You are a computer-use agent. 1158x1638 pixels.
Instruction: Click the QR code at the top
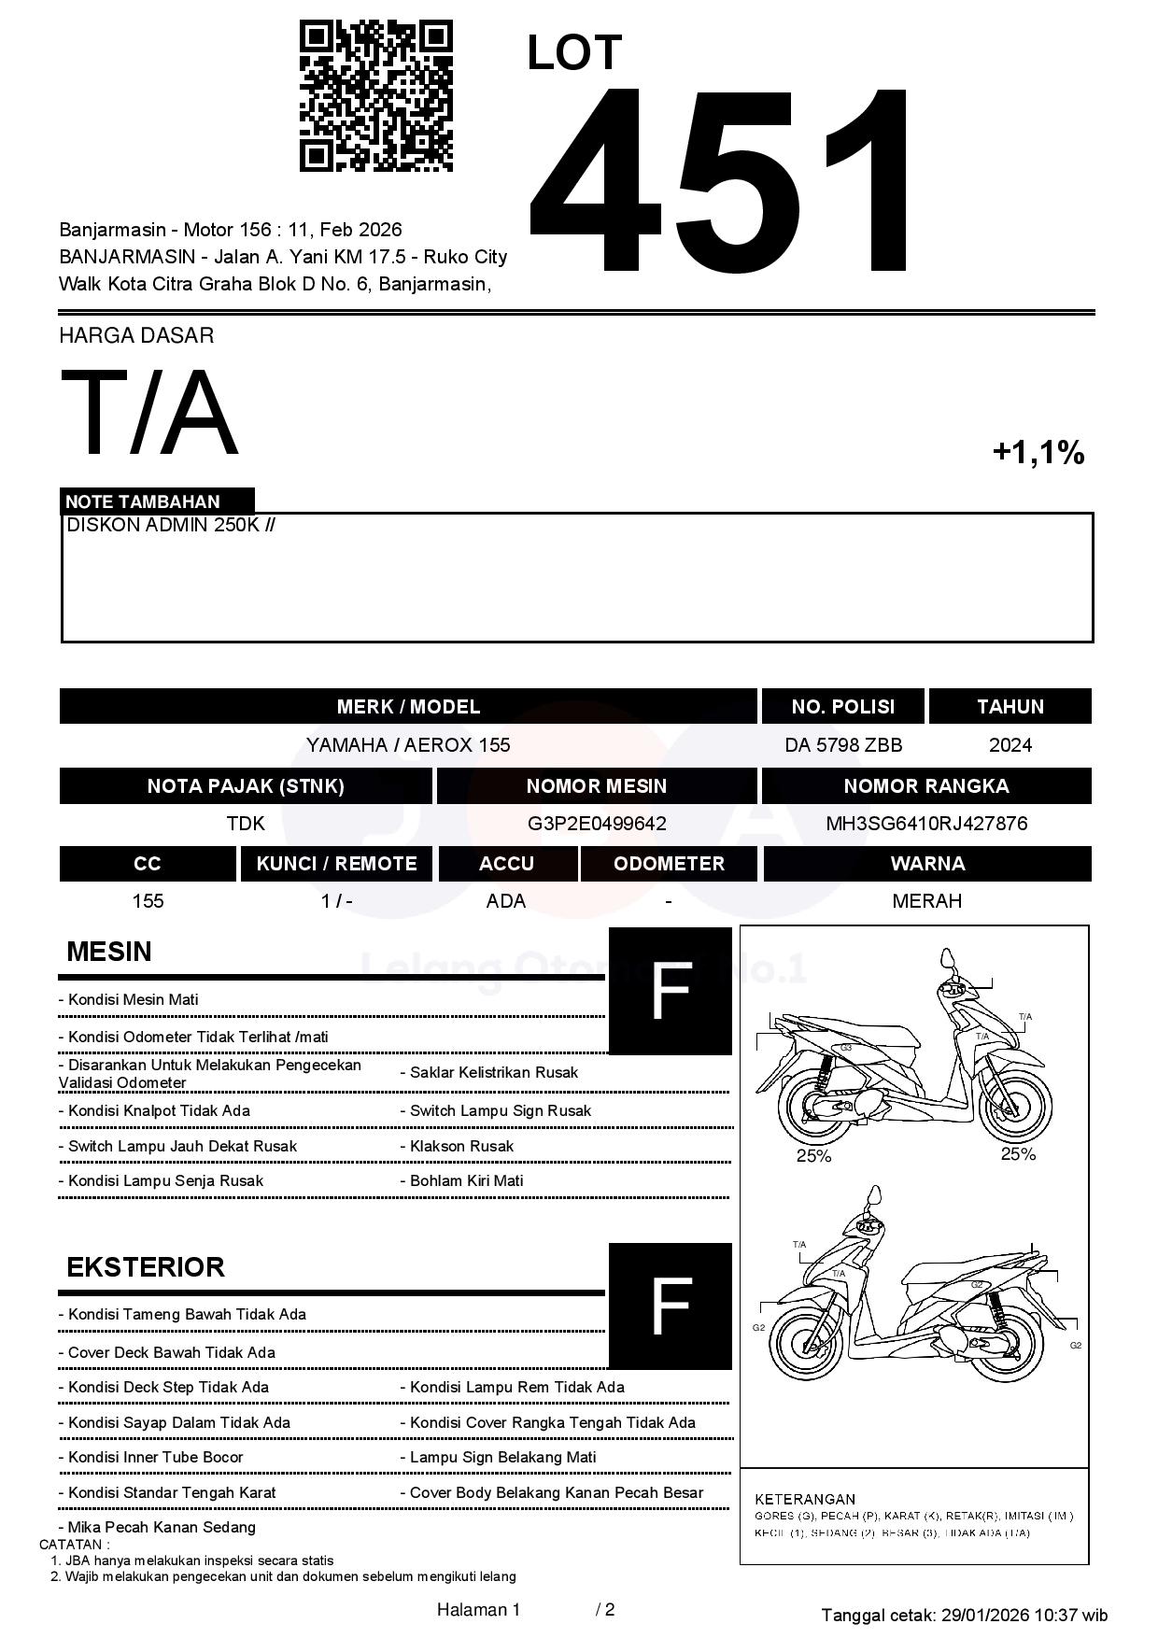coord(375,96)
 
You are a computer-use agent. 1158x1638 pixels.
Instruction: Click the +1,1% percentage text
coord(1038,453)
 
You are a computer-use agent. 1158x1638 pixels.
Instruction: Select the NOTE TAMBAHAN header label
coord(143,501)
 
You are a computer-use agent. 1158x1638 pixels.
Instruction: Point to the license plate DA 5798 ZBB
coord(843,745)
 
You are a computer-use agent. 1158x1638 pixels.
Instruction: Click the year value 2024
coord(1010,745)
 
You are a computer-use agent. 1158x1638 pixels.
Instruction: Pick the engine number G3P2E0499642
coord(597,824)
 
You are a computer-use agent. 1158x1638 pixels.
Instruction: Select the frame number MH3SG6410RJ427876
coord(926,824)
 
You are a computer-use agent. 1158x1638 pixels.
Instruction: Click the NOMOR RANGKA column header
coord(926,786)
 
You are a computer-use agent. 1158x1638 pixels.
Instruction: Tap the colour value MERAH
coord(926,901)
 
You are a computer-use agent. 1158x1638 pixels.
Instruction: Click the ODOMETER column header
coord(669,864)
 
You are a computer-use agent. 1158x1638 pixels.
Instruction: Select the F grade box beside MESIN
coord(670,991)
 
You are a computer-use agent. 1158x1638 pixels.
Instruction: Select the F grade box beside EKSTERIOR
coord(670,1306)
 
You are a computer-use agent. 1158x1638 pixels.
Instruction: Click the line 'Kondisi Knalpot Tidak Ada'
coord(159,1110)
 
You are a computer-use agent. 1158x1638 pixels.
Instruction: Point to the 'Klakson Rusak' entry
coord(461,1146)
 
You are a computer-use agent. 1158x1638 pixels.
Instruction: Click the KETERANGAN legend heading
coord(804,1499)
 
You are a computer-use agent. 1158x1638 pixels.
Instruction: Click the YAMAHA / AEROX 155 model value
coord(408,745)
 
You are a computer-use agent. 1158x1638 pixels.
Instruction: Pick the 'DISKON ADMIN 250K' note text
coord(164,525)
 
